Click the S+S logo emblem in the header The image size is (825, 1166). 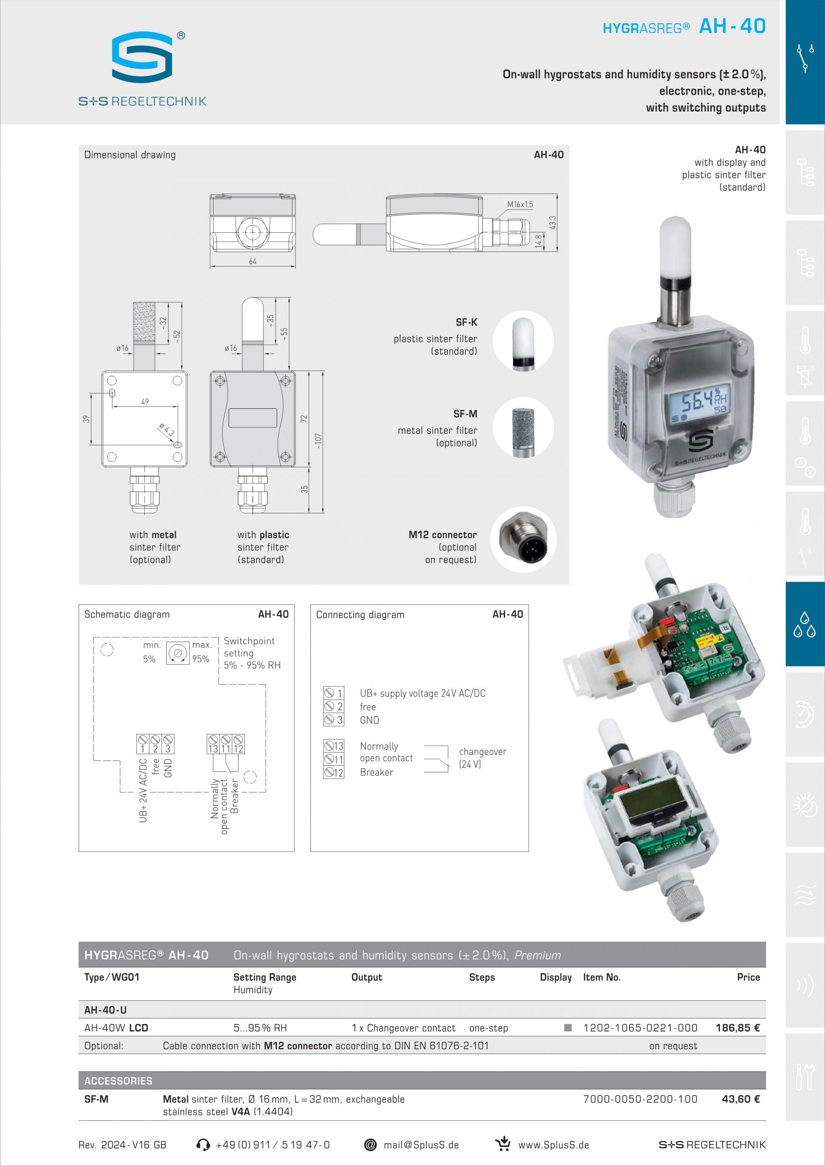coord(142,56)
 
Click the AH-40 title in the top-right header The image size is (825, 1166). coord(732,26)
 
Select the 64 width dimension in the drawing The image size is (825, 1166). coord(253,261)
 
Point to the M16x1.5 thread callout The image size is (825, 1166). coord(519,204)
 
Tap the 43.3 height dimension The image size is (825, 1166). coord(553,222)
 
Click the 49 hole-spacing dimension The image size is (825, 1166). coord(145,401)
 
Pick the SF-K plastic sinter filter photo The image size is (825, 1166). coord(523,341)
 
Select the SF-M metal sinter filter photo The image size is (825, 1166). coord(523,428)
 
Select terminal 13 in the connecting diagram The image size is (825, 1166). coord(334,746)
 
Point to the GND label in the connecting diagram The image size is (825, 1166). coord(370,720)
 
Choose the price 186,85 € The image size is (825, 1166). coord(738,1028)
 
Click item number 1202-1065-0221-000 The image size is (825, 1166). coord(640,1028)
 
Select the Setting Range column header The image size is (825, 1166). coord(265,977)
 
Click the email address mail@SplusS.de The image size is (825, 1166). coord(421,1145)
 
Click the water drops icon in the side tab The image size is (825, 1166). coord(805,624)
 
